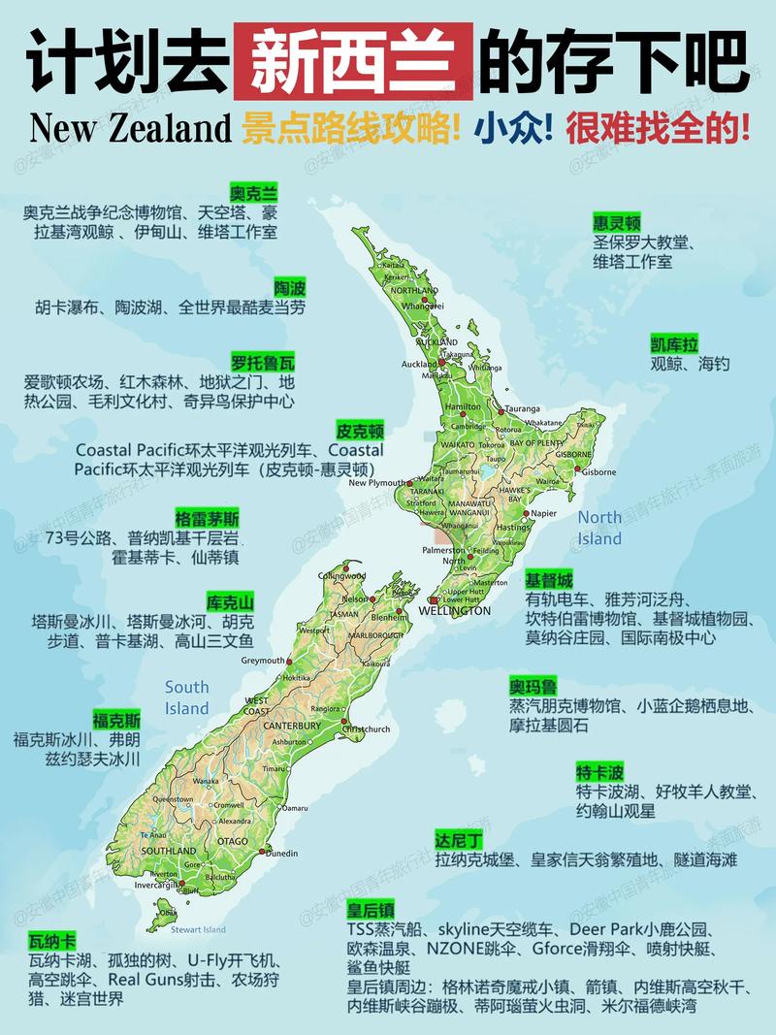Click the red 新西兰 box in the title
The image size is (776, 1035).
pos(353,61)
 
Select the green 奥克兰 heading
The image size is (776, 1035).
pos(253,191)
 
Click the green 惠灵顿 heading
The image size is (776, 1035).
pos(617,223)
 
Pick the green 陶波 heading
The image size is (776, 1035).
pos(290,287)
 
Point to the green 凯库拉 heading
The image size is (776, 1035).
pos(674,343)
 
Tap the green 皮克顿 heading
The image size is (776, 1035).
pos(360,430)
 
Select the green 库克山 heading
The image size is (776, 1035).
pos(230,600)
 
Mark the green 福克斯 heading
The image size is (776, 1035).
pos(116,720)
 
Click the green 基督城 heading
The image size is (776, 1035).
pos(549,580)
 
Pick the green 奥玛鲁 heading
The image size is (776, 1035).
pos(533,687)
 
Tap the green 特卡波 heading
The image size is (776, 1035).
pos(599,772)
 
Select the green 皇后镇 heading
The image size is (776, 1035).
pos(371,909)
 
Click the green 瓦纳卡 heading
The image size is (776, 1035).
pos(52,941)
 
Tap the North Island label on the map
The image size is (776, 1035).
pos(599,528)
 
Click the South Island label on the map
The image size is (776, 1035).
pos(187,697)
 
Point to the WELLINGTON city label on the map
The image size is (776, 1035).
pos(455,611)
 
